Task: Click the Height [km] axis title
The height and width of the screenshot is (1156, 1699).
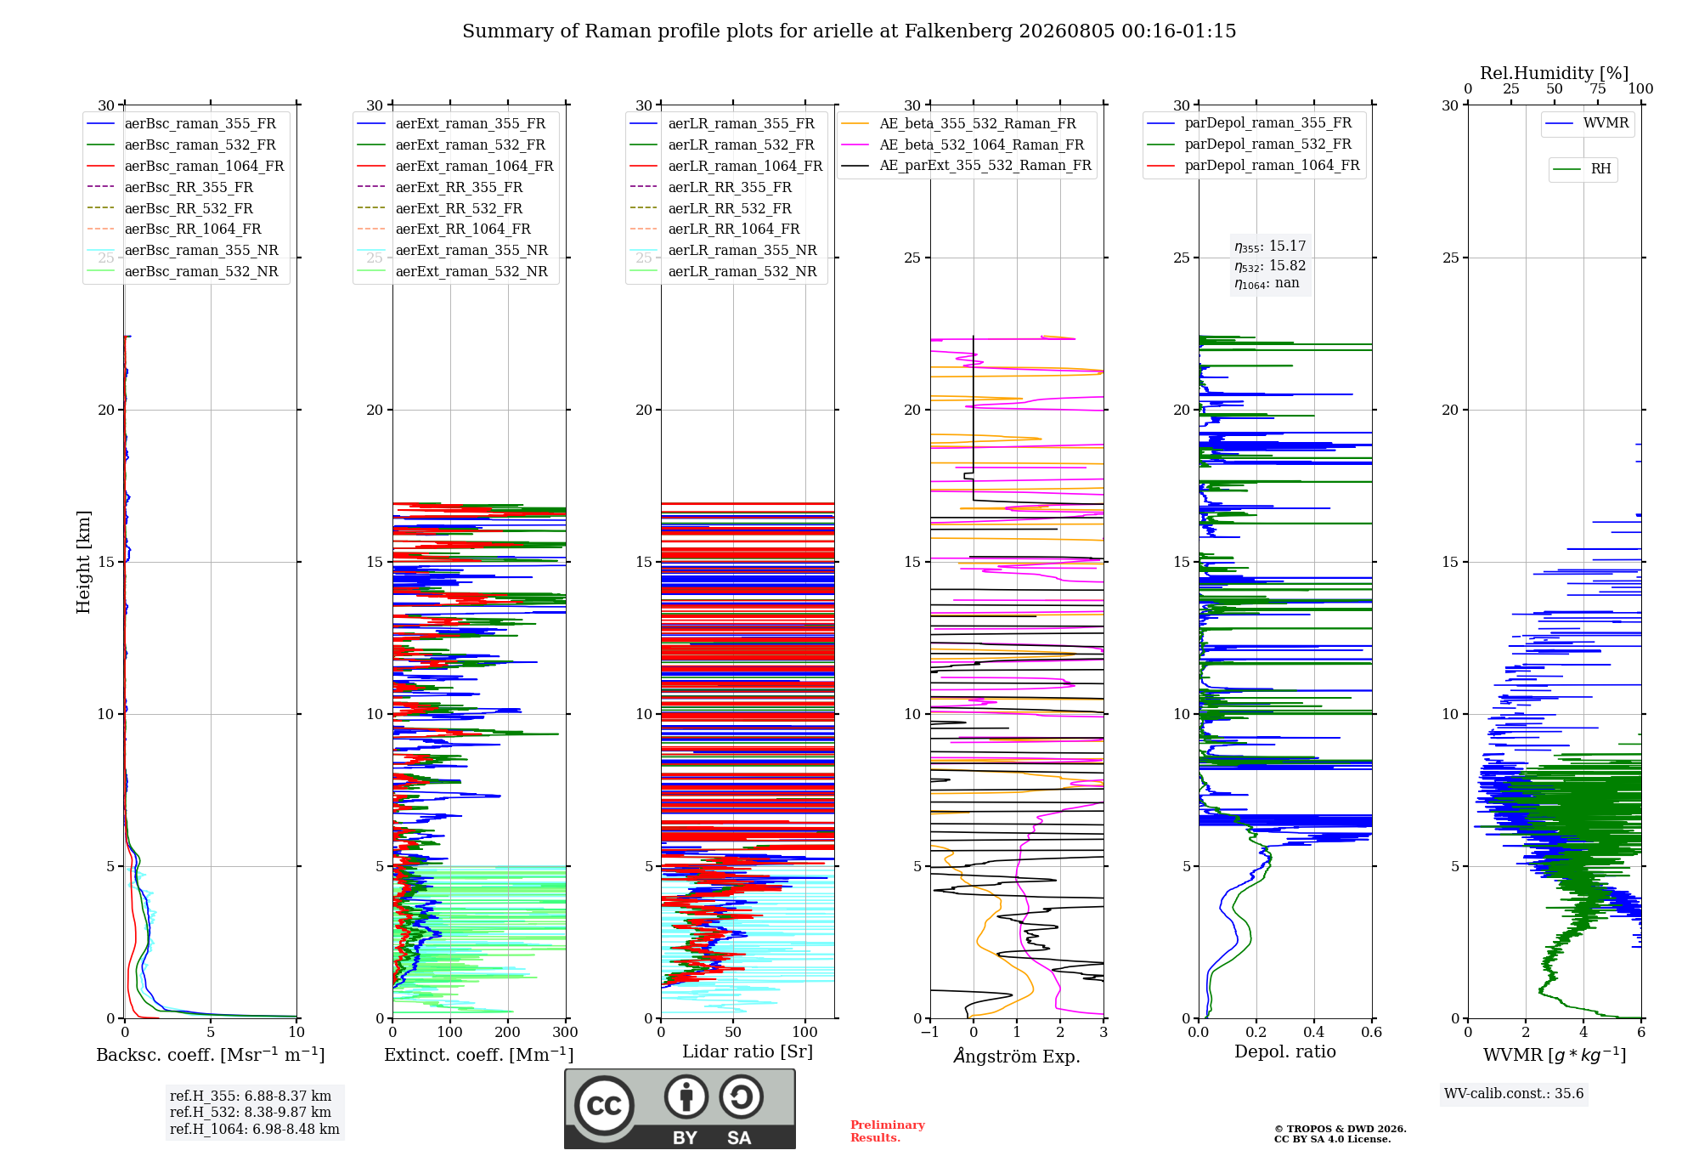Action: [83, 562]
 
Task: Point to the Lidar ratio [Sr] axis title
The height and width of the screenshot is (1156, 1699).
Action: [748, 1051]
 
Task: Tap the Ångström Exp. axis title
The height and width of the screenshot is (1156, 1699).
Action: [1017, 1056]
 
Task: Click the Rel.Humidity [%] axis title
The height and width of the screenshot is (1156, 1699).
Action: [1555, 73]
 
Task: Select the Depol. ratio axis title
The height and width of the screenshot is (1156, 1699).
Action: [1285, 1051]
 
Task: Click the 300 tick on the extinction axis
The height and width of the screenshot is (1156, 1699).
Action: [566, 1032]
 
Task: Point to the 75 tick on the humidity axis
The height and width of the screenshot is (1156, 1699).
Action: [1598, 88]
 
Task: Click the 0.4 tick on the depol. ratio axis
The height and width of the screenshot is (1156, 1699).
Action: [1314, 1032]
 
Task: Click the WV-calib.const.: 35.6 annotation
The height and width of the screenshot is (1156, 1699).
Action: [1514, 1094]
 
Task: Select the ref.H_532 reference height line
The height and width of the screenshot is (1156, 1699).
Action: [251, 1112]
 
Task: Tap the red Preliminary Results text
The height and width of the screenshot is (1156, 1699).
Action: [888, 1131]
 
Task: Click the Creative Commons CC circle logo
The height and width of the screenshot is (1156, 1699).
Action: [604, 1106]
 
